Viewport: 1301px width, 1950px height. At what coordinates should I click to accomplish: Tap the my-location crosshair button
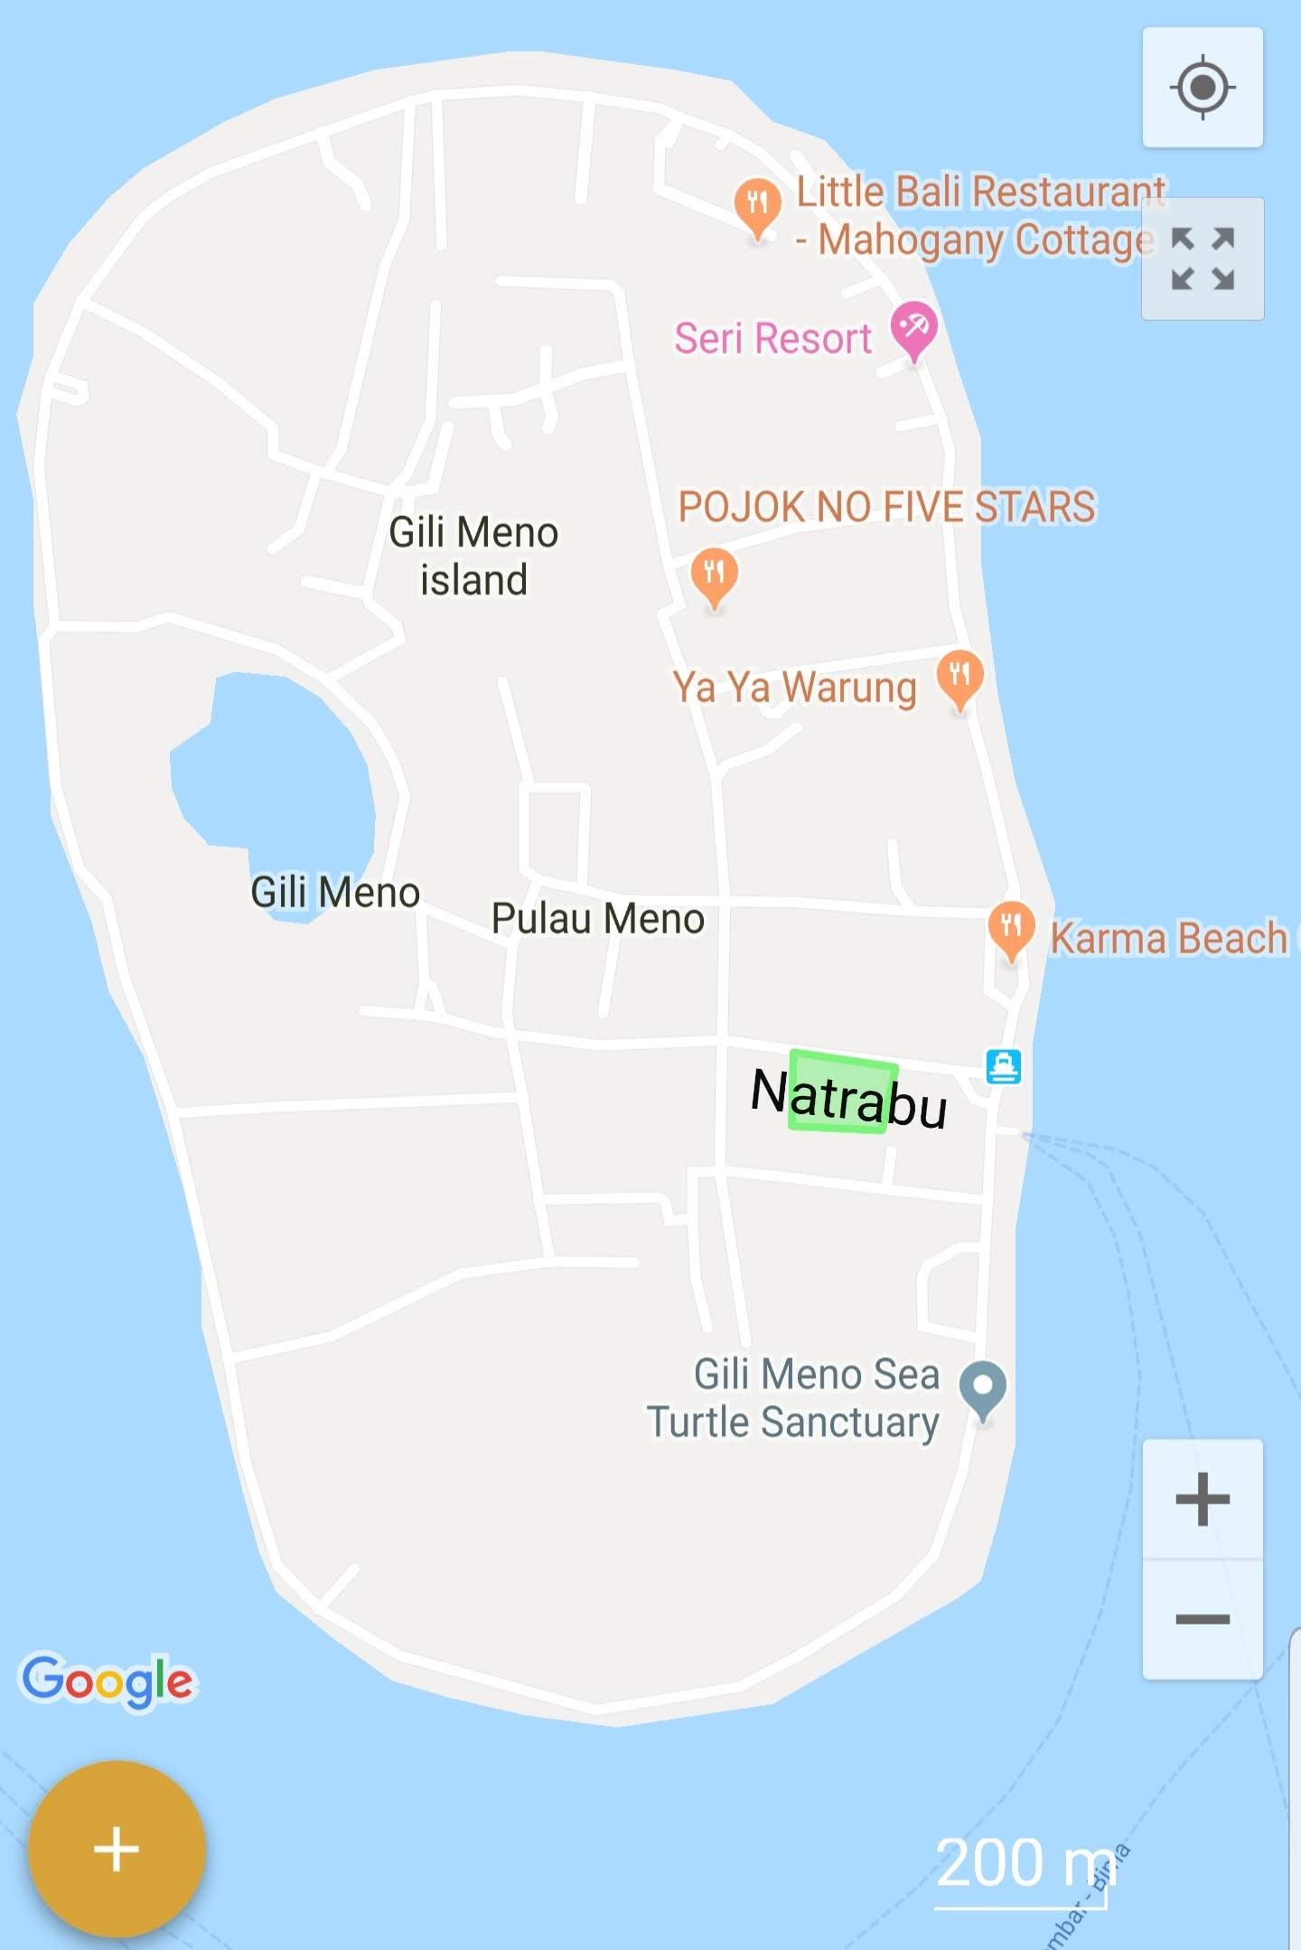(x=1203, y=88)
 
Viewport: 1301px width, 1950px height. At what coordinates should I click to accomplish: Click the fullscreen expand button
(x=1203, y=258)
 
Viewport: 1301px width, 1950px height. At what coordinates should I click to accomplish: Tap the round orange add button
(x=117, y=1848)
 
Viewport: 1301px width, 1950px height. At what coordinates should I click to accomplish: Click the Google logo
(x=108, y=1681)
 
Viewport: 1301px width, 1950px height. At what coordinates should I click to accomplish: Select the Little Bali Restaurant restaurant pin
(x=758, y=204)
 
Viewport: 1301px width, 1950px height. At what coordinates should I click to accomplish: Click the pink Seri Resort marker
(x=913, y=328)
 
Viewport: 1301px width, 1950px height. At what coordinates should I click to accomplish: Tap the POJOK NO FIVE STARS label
(x=886, y=507)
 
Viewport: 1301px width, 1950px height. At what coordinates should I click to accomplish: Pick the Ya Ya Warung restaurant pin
(x=959, y=677)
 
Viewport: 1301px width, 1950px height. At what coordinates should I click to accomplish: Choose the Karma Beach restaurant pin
(x=1011, y=928)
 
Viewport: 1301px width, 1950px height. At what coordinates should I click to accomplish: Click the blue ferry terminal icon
(x=1003, y=1066)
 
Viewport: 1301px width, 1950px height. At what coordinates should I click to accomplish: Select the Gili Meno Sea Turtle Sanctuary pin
(x=983, y=1388)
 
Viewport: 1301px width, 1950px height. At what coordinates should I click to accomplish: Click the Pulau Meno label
(x=597, y=919)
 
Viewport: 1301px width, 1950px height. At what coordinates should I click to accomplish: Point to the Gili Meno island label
(x=473, y=556)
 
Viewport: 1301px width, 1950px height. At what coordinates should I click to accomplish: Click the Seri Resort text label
(x=772, y=339)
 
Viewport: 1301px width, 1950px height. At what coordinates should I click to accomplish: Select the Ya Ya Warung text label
(x=794, y=688)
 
